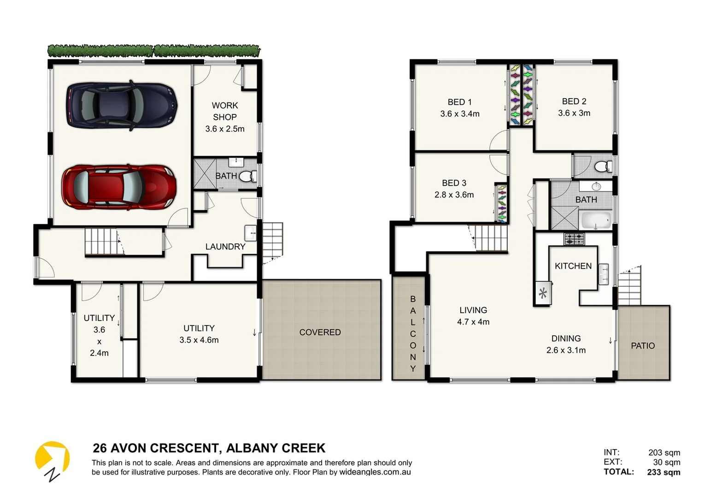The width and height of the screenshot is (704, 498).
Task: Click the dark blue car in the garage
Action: tap(122, 106)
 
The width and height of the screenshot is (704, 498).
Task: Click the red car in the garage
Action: tap(119, 188)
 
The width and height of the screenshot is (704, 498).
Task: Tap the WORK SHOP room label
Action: tap(225, 111)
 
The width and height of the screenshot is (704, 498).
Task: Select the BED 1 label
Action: tap(459, 102)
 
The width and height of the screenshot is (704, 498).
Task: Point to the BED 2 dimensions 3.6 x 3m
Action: tap(574, 113)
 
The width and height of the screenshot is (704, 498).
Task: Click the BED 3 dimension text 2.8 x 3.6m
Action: tap(454, 195)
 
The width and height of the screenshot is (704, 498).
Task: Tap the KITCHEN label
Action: tap(573, 266)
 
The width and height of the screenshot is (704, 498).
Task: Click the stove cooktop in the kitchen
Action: tap(574, 239)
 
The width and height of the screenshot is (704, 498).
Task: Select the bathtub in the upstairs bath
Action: tap(596, 220)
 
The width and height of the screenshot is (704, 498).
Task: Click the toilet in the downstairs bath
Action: tap(248, 176)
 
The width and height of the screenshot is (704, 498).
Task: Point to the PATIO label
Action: tap(642, 346)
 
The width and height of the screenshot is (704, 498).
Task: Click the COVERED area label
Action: tap(320, 332)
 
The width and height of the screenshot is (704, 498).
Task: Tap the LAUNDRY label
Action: tap(225, 247)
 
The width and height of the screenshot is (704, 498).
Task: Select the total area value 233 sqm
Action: tap(663, 472)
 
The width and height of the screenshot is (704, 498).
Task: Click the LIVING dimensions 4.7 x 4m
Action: tap(473, 322)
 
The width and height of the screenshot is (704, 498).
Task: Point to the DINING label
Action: tap(566, 338)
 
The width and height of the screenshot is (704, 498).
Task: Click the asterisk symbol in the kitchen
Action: tap(543, 293)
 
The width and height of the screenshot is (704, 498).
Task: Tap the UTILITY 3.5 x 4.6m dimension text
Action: tap(199, 340)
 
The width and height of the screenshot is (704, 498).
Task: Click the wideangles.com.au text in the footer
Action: tap(375, 472)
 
